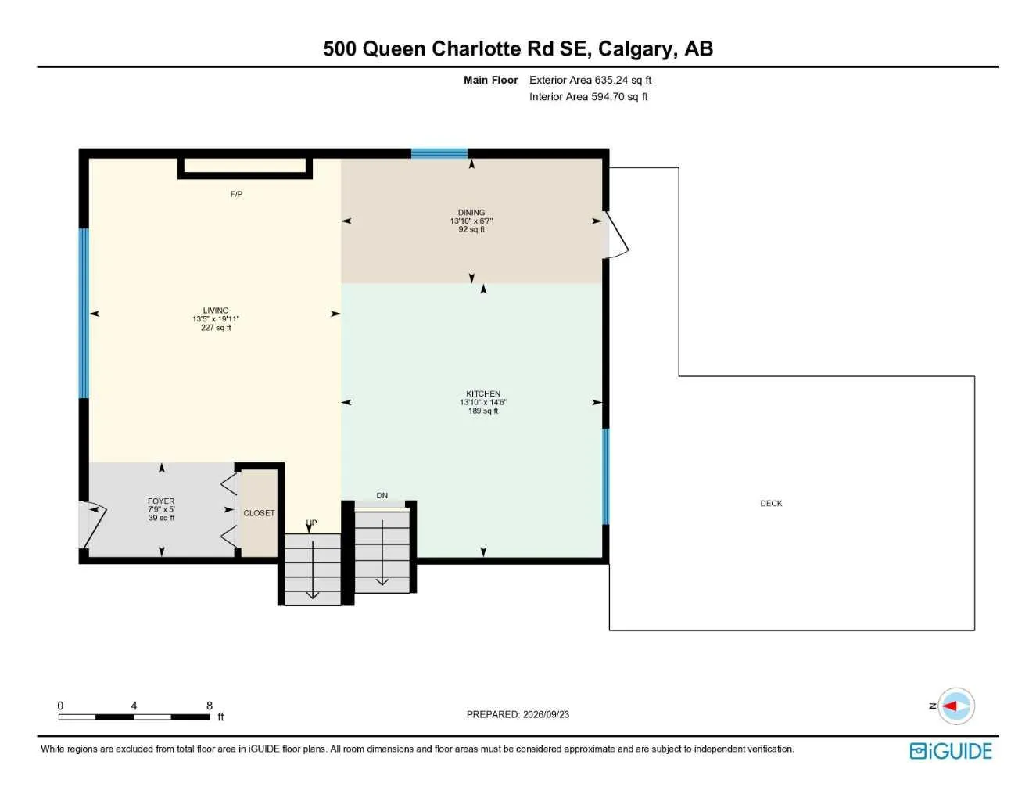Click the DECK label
click(771, 503)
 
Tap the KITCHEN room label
click(483, 393)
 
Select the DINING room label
click(471, 212)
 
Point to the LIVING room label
click(216, 310)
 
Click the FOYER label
click(161, 501)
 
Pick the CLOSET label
click(259, 513)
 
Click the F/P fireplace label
click(236, 194)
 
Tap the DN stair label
click(382, 495)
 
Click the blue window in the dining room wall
click(439, 153)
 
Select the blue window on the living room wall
click(84, 313)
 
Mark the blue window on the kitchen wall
click(605, 476)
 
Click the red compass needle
click(949, 706)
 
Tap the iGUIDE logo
click(951, 750)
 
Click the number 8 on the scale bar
click(209, 706)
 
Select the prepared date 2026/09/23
click(546, 714)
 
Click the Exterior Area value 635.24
click(611, 80)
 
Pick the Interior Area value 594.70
click(608, 97)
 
